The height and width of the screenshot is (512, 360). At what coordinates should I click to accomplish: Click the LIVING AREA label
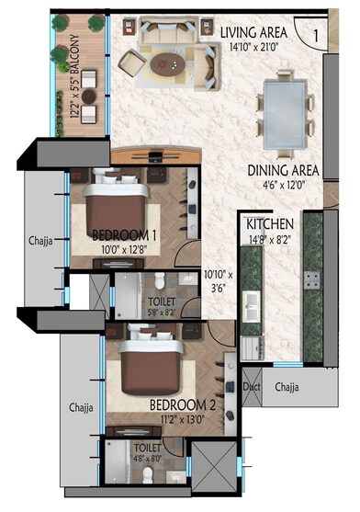(x=254, y=31)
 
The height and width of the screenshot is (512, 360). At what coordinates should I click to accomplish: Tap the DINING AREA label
(x=282, y=170)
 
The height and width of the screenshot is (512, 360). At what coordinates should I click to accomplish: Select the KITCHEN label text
(x=269, y=223)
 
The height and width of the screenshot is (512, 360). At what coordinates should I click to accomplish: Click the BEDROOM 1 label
(x=125, y=233)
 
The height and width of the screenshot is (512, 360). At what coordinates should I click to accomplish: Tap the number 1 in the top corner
(x=314, y=35)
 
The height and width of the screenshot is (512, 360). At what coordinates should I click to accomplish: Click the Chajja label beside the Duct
(x=288, y=388)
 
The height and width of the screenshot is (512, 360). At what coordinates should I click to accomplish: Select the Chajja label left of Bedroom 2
(x=83, y=404)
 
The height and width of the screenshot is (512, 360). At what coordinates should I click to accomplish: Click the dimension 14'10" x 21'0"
(x=254, y=46)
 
